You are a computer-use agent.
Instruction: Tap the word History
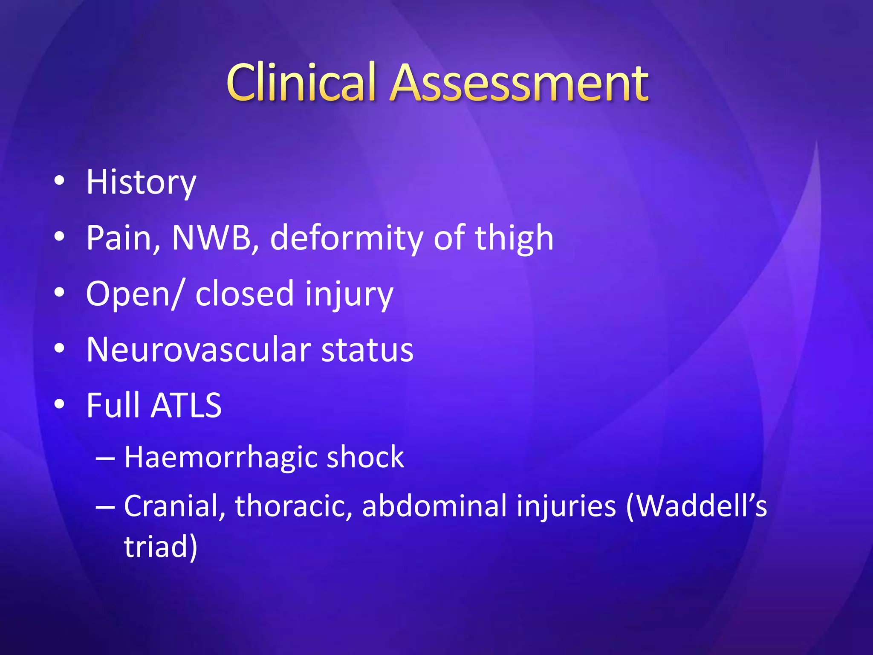coord(141,182)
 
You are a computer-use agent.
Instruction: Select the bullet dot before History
coord(59,181)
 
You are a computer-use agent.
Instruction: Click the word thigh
coord(514,238)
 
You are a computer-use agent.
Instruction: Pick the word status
coord(367,350)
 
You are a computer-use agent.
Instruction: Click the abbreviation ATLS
coord(186,406)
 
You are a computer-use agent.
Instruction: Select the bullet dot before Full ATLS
coord(59,404)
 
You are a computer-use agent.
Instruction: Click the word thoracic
coord(294,506)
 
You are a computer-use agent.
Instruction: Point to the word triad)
coord(161,546)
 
